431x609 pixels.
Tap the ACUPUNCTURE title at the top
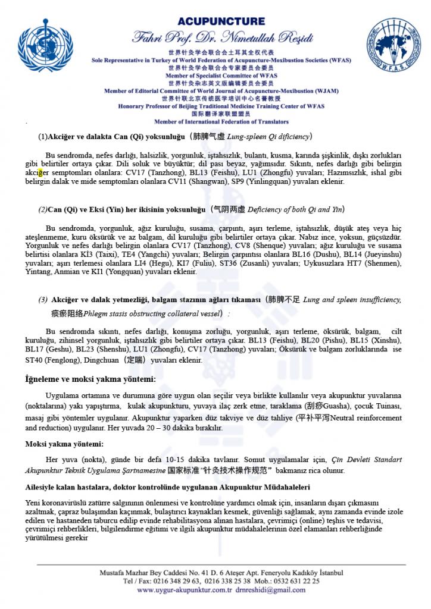(220, 21)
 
